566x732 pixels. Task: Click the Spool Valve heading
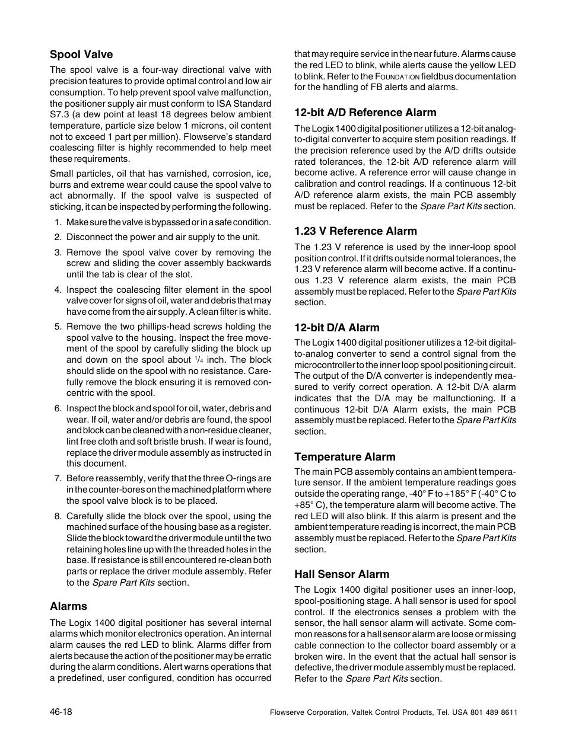[81, 55]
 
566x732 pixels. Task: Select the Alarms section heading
[68, 606]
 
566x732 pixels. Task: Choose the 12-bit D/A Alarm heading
[336, 328]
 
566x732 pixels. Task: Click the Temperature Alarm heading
[345, 457]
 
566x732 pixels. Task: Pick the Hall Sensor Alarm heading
[342, 574]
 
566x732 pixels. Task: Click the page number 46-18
[61, 711]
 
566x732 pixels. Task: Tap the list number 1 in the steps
[58, 222]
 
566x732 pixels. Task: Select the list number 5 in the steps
[58, 327]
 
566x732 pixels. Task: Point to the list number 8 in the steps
[58, 516]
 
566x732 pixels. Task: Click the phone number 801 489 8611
[497, 712]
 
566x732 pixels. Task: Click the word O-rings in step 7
[241, 478]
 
